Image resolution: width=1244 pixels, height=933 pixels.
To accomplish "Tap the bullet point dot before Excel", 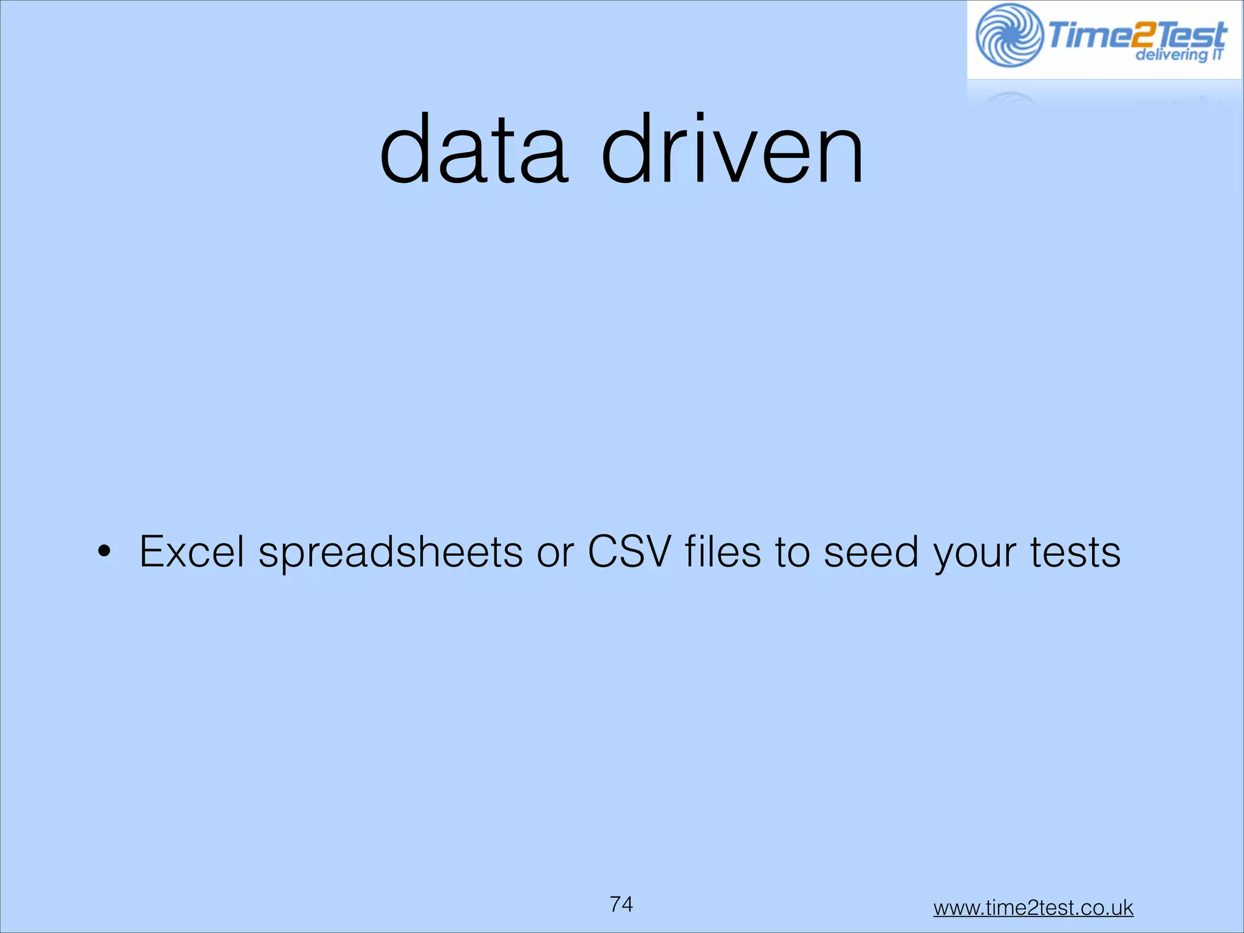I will [x=104, y=552].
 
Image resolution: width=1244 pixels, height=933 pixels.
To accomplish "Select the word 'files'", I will [x=723, y=552].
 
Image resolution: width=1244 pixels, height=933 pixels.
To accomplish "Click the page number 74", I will [x=621, y=904].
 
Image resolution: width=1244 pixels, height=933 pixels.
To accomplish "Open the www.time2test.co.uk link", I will [x=1033, y=907].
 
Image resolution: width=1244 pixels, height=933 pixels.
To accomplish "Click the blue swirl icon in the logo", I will [x=1009, y=35].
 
